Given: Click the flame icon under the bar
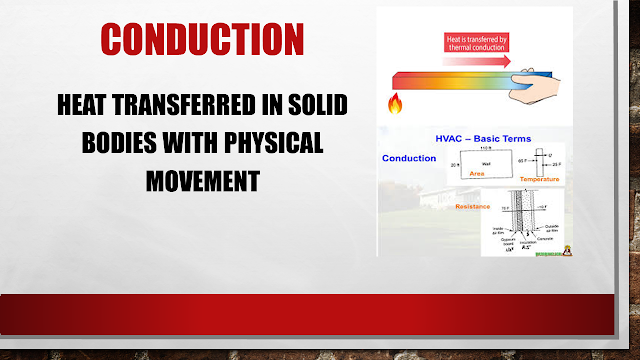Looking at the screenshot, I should pyautogui.click(x=396, y=103).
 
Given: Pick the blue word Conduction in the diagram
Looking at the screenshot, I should pyautogui.click(x=408, y=157).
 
